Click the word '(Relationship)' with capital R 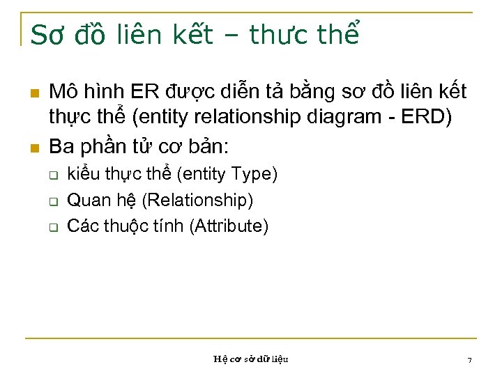tap(197, 201)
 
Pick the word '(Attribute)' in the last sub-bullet tap(228, 226)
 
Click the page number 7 tap(469, 360)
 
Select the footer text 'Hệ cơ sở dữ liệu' tap(251, 359)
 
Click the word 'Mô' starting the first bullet tap(62, 92)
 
